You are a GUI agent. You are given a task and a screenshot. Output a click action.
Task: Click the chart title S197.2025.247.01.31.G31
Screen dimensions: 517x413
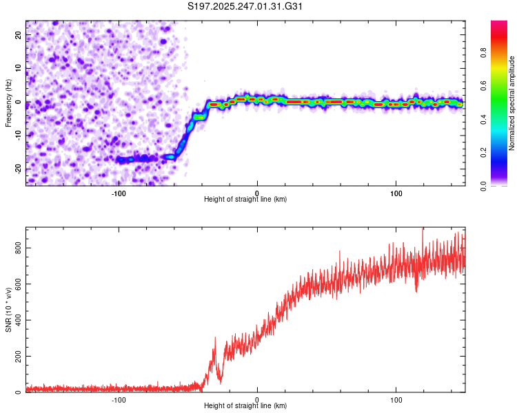tap(245, 6)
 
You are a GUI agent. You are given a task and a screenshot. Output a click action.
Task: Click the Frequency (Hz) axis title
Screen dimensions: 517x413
tap(8, 103)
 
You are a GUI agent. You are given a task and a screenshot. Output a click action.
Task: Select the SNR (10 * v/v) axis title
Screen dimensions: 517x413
tap(8, 310)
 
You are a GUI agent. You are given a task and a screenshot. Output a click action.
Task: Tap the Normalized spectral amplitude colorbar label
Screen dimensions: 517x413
tap(511, 103)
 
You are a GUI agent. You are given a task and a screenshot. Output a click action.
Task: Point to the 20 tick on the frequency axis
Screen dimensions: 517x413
tap(18, 34)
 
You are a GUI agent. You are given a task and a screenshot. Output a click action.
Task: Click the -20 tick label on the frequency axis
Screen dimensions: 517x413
tap(18, 169)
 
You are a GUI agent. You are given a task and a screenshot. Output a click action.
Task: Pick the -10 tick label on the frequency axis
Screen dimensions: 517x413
tap(18, 136)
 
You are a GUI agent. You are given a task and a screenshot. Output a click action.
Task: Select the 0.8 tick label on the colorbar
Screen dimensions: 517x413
tap(483, 53)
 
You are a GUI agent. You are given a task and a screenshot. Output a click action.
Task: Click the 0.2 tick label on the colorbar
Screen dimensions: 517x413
tap(483, 153)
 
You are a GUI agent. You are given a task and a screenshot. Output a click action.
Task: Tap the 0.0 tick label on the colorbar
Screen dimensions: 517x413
tap(483, 186)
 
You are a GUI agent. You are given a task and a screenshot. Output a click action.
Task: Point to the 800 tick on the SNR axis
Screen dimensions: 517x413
tap(18, 248)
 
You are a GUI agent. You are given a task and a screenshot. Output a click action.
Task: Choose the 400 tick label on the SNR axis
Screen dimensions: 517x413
tap(18, 320)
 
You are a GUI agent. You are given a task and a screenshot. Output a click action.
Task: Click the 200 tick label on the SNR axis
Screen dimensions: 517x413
tap(18, 357)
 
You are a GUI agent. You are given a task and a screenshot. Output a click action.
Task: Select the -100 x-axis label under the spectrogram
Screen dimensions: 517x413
tap(119, 193)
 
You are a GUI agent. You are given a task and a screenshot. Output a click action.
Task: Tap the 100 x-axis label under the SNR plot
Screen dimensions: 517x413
tap(396, 400)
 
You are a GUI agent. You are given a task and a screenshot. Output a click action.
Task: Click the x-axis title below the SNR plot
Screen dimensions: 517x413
tap(245, 405)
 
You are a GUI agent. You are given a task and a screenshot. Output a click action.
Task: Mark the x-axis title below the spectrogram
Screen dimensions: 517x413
tap(245, 199)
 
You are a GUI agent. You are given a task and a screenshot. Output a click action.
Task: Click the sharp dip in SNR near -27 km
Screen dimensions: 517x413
tap(221, 382)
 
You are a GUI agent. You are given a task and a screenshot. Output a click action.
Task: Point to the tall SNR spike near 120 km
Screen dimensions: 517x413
tap(423, 230)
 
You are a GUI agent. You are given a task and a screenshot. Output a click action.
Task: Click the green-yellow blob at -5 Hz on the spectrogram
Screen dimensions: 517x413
tap(199, 117)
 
